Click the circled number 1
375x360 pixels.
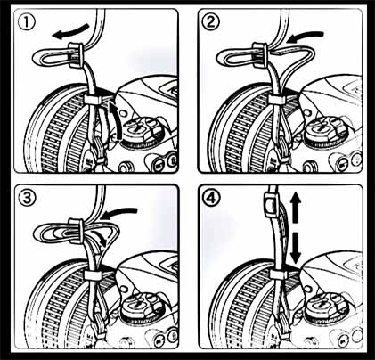27,23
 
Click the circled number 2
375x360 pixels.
210,23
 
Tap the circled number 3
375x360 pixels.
27,198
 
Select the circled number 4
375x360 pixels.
212,198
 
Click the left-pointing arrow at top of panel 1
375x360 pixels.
70,32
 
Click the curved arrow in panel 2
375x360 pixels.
306,37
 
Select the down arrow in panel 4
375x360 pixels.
296,249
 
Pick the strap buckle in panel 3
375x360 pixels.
77,229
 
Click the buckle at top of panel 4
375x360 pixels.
271,203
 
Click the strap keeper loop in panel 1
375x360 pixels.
93,100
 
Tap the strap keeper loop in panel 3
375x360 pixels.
93,274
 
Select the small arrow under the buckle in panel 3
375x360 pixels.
100,237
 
